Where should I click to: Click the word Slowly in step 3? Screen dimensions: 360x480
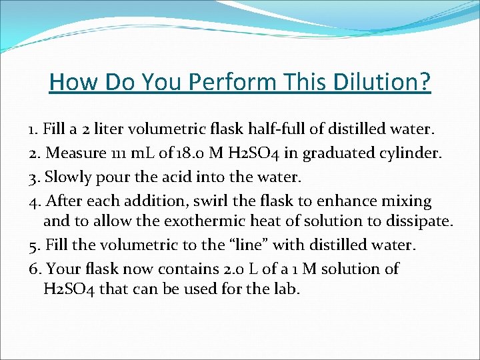[64, 177]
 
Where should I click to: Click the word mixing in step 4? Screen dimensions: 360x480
[409, 201]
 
